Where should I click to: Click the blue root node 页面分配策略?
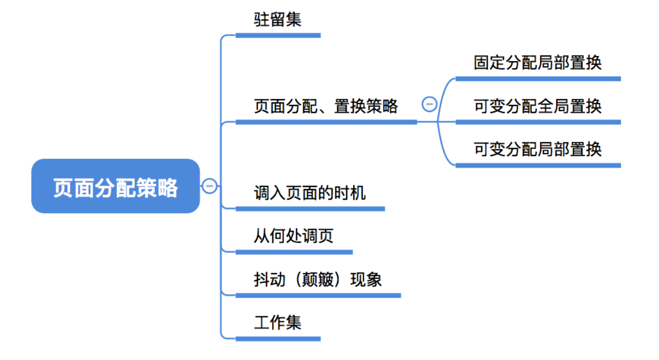point(116,186)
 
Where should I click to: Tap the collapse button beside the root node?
point(209,186)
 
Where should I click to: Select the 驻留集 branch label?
point(278,20)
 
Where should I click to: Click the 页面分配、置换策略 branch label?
point(326,106)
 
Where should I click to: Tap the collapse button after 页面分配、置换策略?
point(429,103)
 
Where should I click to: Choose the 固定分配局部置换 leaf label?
point(538,62)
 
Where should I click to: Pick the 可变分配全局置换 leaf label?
point(538,106)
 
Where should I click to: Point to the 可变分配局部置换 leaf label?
point(538,149)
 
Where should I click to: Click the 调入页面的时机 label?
point(310,192)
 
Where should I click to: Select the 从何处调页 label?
point(294,235)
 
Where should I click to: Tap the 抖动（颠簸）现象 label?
point(318,279)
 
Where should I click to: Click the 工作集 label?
point(278,322)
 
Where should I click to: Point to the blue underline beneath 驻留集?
point(278,35)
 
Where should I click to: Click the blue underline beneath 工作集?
point(278,338)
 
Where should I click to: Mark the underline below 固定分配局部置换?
point(538,79)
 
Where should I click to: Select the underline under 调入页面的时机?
point(310,209)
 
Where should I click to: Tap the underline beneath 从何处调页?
point(294,252)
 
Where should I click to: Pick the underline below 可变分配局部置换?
point(538,165)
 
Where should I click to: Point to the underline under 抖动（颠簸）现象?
point(318,295)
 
